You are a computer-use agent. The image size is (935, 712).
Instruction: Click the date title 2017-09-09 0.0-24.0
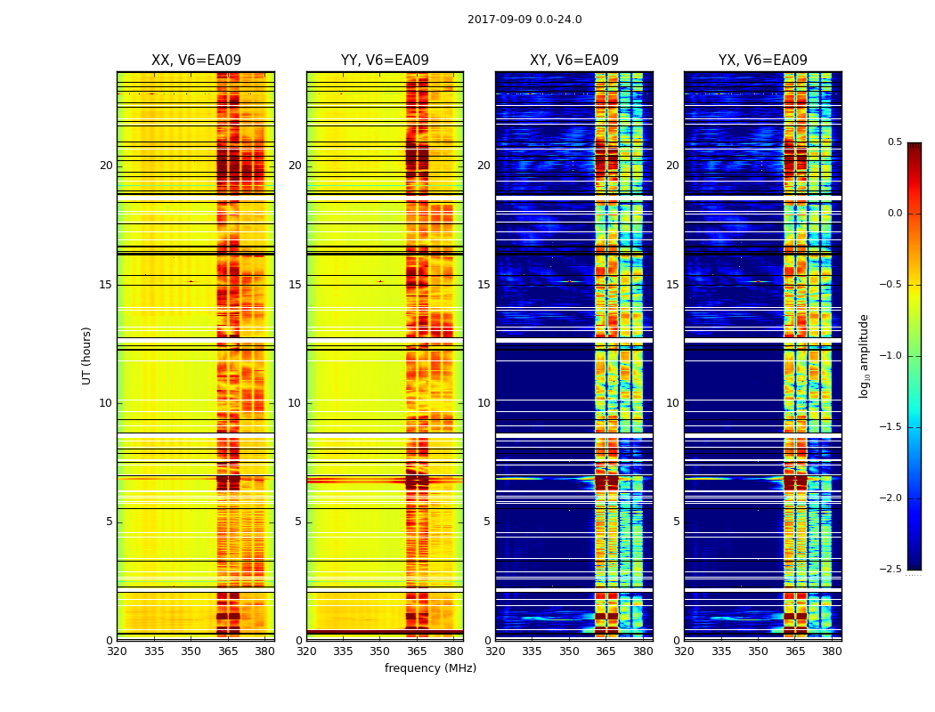coord(524,20)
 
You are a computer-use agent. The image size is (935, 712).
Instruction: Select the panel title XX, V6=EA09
coord(196,61)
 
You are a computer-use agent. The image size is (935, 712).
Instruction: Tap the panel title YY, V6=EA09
coord(385,61)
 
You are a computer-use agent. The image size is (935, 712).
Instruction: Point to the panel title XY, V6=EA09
coord(573,61)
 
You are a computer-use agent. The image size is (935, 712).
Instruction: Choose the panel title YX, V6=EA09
coord(763,61)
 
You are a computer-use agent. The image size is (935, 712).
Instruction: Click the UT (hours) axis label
coord(87,355)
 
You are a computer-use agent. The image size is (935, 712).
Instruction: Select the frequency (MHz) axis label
coord(430,668)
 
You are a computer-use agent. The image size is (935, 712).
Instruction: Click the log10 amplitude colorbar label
coord(864,355)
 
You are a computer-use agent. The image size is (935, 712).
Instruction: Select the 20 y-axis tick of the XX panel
coord(106,166)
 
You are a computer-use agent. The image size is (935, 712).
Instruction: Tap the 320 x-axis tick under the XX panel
coord(117,651)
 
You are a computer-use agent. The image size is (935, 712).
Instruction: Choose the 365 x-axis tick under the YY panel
coord(418,651)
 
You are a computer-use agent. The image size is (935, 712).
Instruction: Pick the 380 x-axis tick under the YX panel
coord(832,651)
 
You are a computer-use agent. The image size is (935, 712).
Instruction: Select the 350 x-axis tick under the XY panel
coord(569,651)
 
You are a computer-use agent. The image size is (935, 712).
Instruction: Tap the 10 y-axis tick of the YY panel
coord(295,403)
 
